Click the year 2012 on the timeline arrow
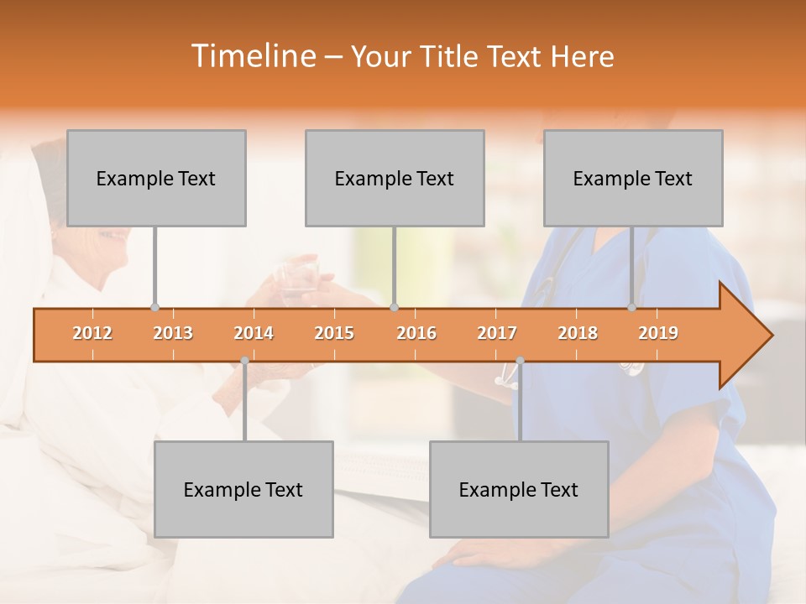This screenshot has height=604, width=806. coord(92,333)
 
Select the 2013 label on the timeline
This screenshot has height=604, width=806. coord(173,333)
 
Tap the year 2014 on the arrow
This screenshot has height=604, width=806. coord(254,333)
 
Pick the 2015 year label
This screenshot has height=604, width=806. coord(334,333)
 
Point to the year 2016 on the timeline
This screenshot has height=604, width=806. coord(416,333)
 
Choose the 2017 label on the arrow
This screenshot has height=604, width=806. coord(497,333)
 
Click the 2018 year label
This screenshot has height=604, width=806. coord(578,333)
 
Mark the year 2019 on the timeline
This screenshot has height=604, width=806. coord(658,333)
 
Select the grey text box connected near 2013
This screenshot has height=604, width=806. coord(156,178)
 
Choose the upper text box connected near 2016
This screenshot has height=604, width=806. coord(395,178)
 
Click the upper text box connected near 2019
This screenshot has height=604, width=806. coord(633,178)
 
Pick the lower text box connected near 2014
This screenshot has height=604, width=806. coord(243,489)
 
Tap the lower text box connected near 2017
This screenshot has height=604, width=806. coord(519,489)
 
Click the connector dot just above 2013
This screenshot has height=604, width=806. coord(154,307)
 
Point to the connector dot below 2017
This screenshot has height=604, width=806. coord(520,361)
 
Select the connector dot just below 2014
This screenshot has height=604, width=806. coord(244,361)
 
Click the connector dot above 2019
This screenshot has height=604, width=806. coord(632,307)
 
